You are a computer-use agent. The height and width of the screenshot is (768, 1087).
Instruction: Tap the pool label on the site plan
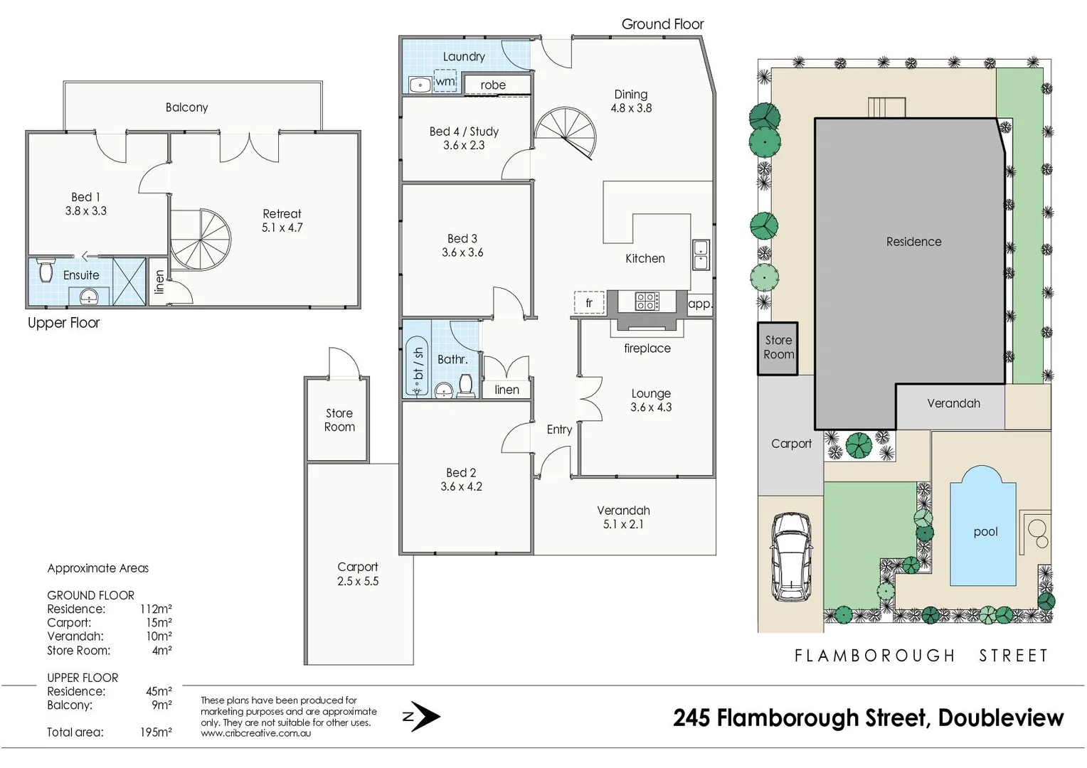click(x=985, y=532)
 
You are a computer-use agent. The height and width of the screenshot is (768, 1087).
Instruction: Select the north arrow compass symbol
click(x=422, y=717)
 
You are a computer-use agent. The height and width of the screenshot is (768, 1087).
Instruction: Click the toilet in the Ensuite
click(x=46, y=270)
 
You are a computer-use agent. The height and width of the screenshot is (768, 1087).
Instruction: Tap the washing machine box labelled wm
click(x=445, y=81)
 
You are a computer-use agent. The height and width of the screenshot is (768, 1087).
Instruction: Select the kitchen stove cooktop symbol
click(x=647, y=302)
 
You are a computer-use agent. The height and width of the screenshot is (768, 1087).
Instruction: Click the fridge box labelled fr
click(x=589, y=303)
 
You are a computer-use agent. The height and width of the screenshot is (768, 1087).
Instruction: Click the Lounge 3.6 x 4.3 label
click(x=650, y=400)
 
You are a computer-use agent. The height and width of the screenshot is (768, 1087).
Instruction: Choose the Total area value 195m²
click(x=156, y=732)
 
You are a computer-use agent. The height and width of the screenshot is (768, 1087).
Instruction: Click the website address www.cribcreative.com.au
click(x=255, y=734)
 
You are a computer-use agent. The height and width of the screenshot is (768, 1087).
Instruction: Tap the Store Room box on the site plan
click(x=778, y=348)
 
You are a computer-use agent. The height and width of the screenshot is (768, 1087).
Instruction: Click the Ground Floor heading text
click(x=662, y=24)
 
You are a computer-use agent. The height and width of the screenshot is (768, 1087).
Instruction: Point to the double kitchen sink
click(x=701, y=255)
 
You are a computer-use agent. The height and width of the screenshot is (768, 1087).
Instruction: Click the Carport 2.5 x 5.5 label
click(x=358, y=574)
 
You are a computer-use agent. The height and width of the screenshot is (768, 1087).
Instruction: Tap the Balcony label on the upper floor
click(x=186, y=107)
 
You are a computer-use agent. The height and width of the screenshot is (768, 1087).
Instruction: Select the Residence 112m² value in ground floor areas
click(x=156, y=609)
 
